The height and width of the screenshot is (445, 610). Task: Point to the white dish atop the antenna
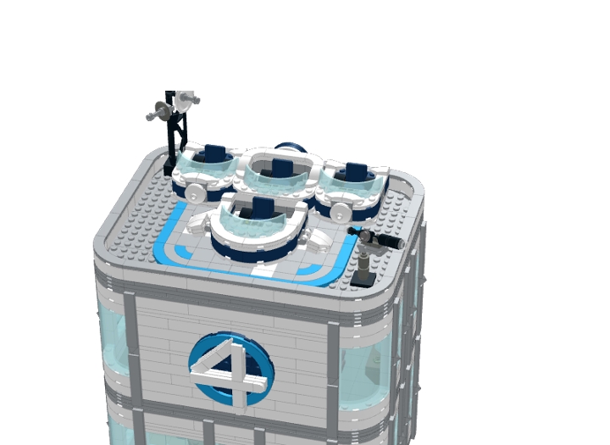tap(186, 99)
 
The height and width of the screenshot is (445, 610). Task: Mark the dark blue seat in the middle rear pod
tap(280, 166)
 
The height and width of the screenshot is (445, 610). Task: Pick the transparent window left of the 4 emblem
tap(114, 339)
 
